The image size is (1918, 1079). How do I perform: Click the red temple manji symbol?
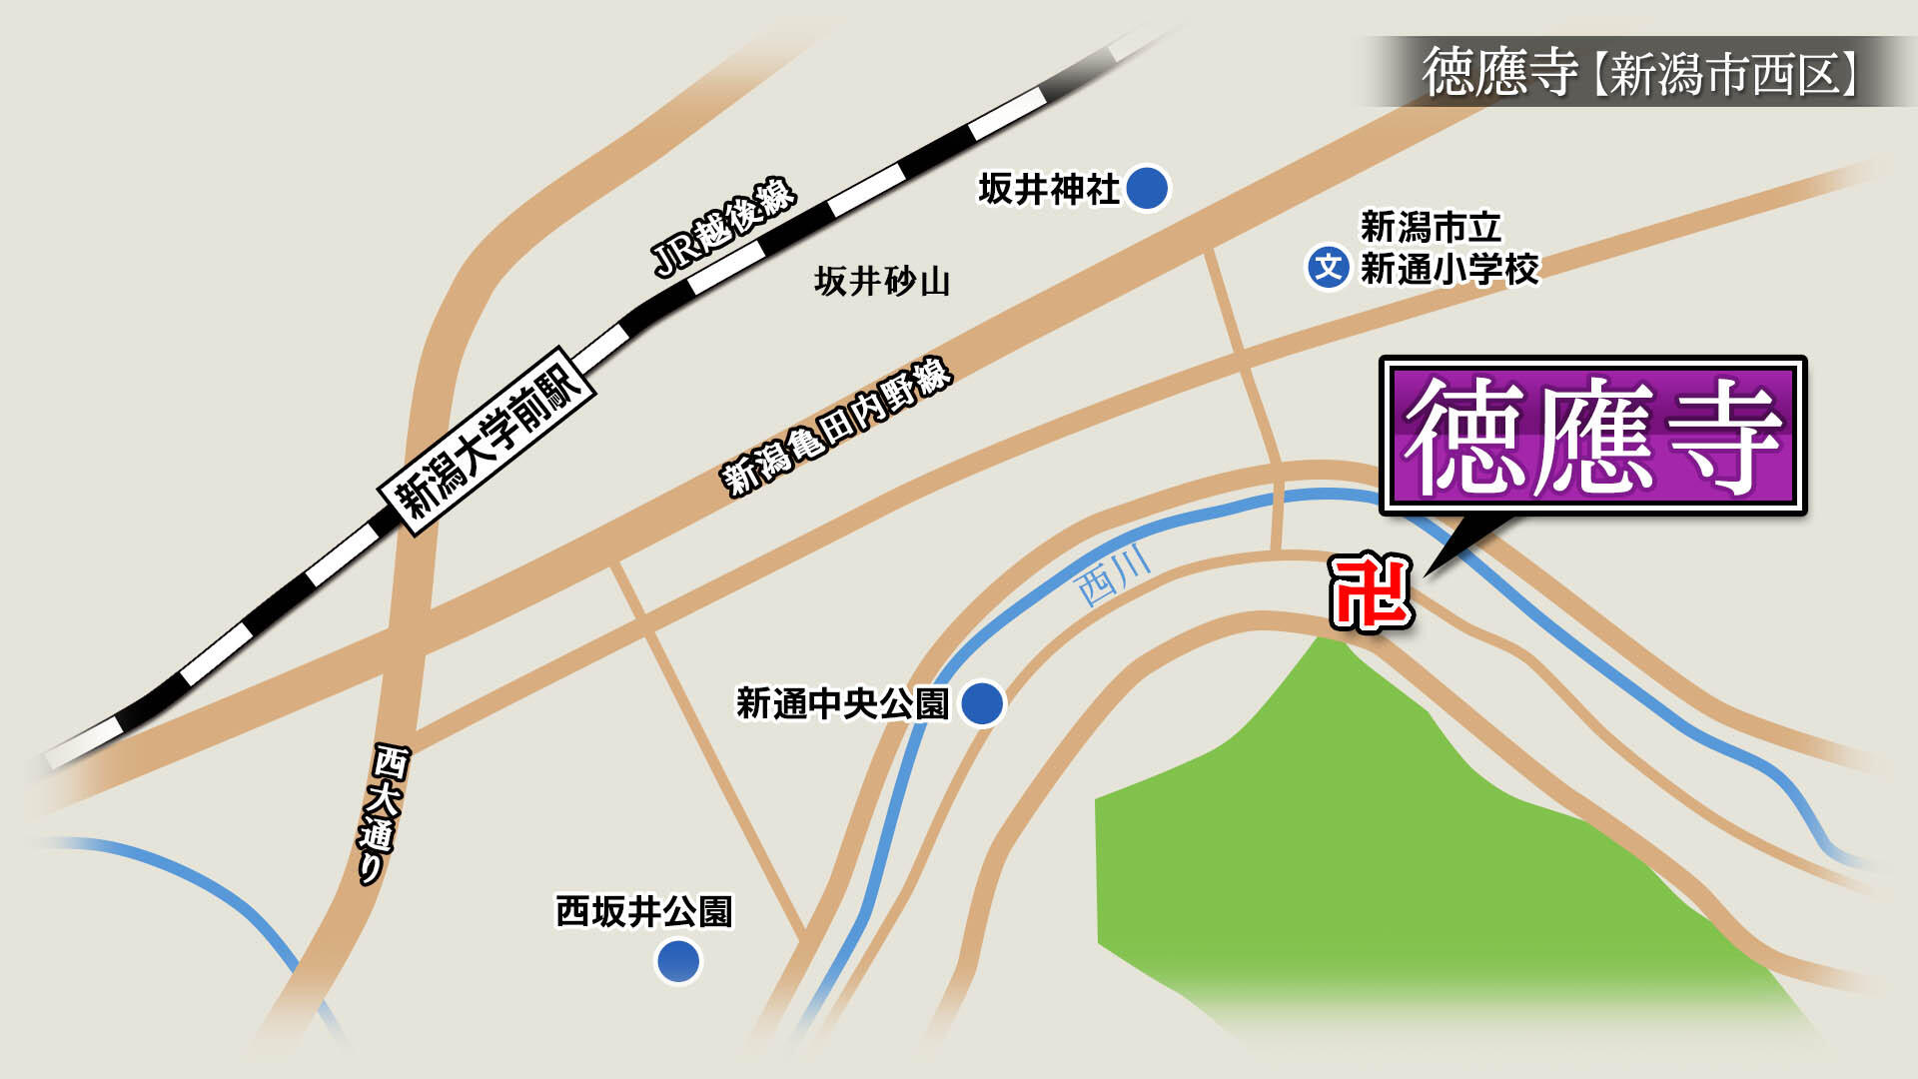(x=1371, y=594)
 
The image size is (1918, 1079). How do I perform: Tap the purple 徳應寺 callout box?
(x=1592, y=436)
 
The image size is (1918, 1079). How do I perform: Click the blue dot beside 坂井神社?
(x=1147, y=188)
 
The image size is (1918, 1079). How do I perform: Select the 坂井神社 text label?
(x=1048, y=189)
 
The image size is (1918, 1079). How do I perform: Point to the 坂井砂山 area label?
(x=881, y=282)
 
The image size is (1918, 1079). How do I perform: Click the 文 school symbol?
(x=1328, y=268)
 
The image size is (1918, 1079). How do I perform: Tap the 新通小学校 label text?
(x=1449, y=269)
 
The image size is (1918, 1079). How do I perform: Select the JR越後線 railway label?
(x=723, y=228)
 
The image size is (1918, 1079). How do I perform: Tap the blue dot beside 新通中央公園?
(x=981, y=703)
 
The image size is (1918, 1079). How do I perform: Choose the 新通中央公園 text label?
(x=841, y=703)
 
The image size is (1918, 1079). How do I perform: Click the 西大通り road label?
(x=381, y=813)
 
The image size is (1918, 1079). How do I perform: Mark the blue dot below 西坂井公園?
(x=678, y=961)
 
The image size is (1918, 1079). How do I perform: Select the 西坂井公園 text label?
(x=644, y=911)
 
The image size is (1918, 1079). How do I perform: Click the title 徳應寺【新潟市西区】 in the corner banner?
(x=1638, y=72)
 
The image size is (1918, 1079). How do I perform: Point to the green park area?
(x=1349, y=849)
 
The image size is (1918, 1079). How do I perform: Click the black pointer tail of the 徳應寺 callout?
(x=1464, y=543)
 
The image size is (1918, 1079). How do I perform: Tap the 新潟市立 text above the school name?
(x=1431, y=227)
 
